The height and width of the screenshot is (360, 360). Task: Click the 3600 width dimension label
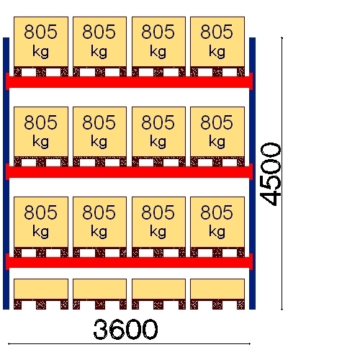click(125, 329)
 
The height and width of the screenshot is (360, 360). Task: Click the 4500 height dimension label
click(271, 174)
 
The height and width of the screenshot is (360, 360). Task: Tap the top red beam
click(129, 81)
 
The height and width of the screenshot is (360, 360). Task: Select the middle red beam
click(129, 172)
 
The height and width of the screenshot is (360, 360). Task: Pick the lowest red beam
click(129, 262)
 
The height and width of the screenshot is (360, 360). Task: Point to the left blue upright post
click(6, 174)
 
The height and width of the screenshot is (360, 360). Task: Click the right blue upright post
click(252, 174)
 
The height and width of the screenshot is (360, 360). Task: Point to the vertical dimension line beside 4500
click(282, 174)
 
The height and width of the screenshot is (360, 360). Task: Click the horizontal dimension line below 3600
click(129, 343)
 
